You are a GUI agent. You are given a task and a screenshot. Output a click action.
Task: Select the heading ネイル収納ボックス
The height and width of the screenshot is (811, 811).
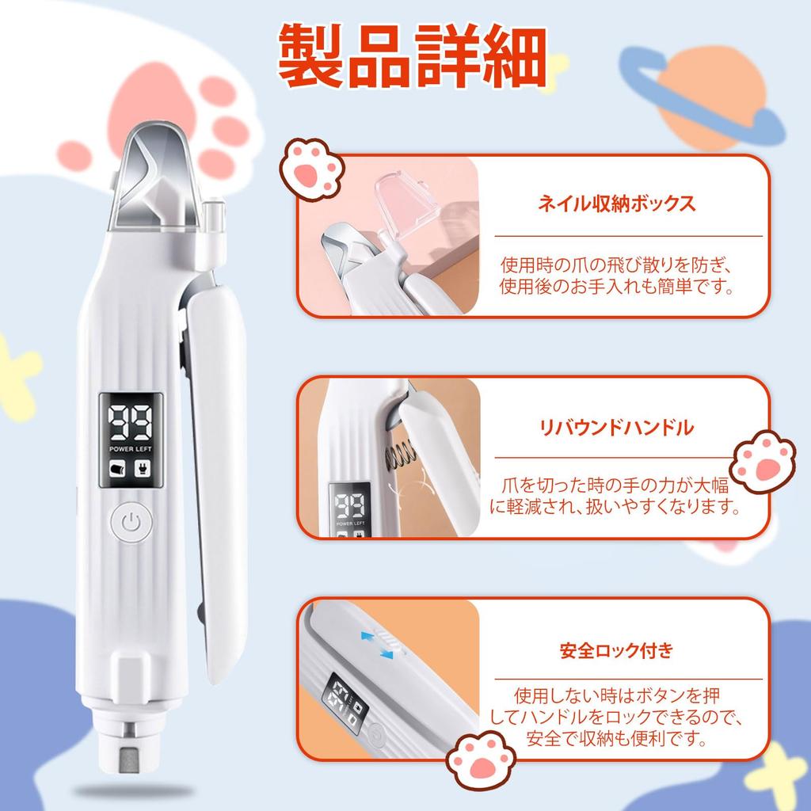click(617, 204)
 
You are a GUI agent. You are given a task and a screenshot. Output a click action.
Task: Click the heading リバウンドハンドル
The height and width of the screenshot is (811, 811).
click(616, 428)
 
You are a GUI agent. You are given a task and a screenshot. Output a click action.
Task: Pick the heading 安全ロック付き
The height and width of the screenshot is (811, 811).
click(616, 651)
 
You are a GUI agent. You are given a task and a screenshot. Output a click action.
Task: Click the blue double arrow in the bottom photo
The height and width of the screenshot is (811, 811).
click(379, 642)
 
